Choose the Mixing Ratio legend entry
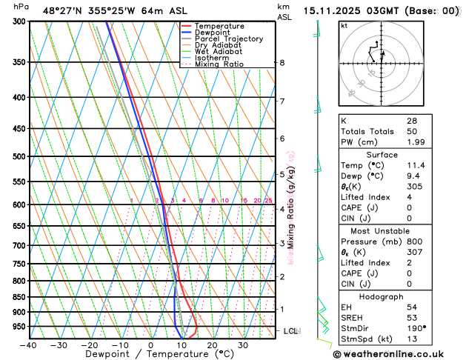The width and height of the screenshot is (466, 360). (219, 64)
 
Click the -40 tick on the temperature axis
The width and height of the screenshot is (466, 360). (29, 345)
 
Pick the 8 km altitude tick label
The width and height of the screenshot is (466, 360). (282, 63)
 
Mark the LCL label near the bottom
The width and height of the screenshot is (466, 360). (290, 331)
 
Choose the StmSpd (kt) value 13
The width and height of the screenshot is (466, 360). (411, 340)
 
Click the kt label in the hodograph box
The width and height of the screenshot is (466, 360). (344, 26)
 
